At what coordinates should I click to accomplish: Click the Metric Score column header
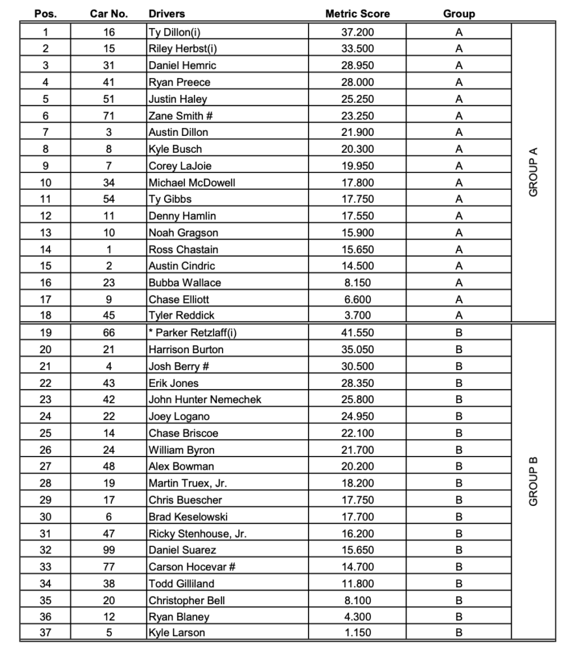pyautogui.click(x=357, y=14)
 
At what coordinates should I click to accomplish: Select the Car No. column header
pyautogui.click(x=109, y=14)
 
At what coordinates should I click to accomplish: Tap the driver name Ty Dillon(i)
pyautogui.click(x=176, y=32)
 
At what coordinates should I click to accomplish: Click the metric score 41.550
pyautogui.click(x=357, y=333)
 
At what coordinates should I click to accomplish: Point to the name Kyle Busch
pyautogui.click(x=175, y=149)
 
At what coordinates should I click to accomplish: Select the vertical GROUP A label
pyautogui.click(x=534, y=172)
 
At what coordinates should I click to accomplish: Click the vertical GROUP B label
pyautogui.click(x=534, y=481)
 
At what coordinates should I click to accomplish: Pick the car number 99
pyautogui.click(x=109, y=550)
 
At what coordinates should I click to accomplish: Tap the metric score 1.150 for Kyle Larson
pyautogui.click(x=357, y=633)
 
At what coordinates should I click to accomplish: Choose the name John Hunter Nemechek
pyautogui.click(x=204, y=400)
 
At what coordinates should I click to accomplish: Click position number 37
pyautogui.click(x=45, y=633)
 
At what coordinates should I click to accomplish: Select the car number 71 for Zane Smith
pyautogui.click(x=109, y=116)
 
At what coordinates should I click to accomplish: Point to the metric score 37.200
pyautogui.click(x=357, y=32)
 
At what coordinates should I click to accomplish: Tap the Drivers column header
pyautogui.click(x=167, y=14)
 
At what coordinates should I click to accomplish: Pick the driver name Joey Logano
pyautogui.click(x=179, y=417)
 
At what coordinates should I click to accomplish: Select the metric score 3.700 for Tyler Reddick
pyautogui.click(x=357, y=316)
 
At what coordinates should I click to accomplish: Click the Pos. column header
pyautogui.click(x=45, y=14)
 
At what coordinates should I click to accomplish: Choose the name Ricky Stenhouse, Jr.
pyautogui.click(x=197, y=534)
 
